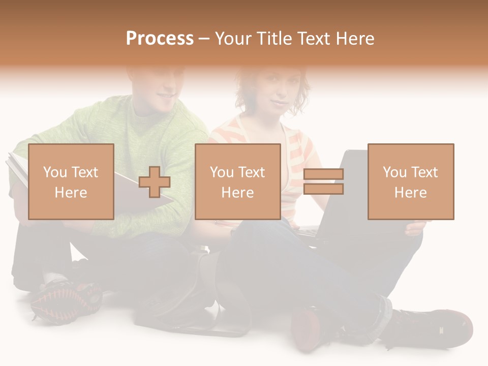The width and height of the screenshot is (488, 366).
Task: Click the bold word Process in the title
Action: pos(160,39)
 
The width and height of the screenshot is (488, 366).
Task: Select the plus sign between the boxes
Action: pos(155,182)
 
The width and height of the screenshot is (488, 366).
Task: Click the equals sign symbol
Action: pos(323,181)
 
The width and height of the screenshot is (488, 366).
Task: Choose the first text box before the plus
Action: pos(71,181)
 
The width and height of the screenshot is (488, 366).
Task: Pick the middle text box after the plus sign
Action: pos(237,181)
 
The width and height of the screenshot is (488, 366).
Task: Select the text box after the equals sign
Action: pos(411,181)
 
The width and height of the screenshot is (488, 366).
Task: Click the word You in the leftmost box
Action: pos(54,172)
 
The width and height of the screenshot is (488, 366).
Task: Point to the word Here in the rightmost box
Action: pos(411,193)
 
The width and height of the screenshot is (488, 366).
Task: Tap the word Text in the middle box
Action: pos(251,172)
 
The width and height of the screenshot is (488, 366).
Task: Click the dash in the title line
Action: pos(204,39)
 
